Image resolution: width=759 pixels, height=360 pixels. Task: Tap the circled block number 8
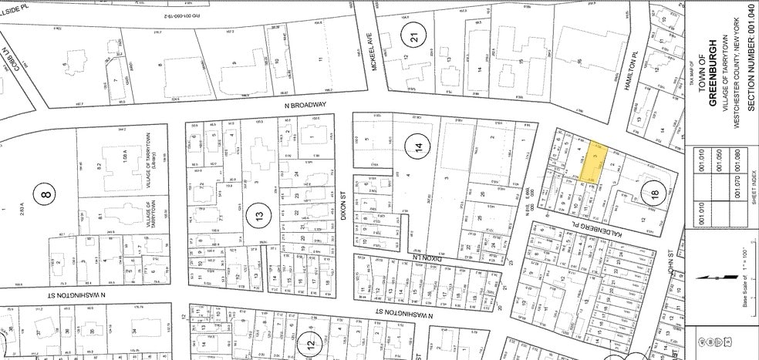[x=46, y=193]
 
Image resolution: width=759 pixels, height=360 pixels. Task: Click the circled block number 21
[x=417, y=34]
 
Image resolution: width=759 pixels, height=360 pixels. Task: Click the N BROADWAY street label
[x=299, y=105]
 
